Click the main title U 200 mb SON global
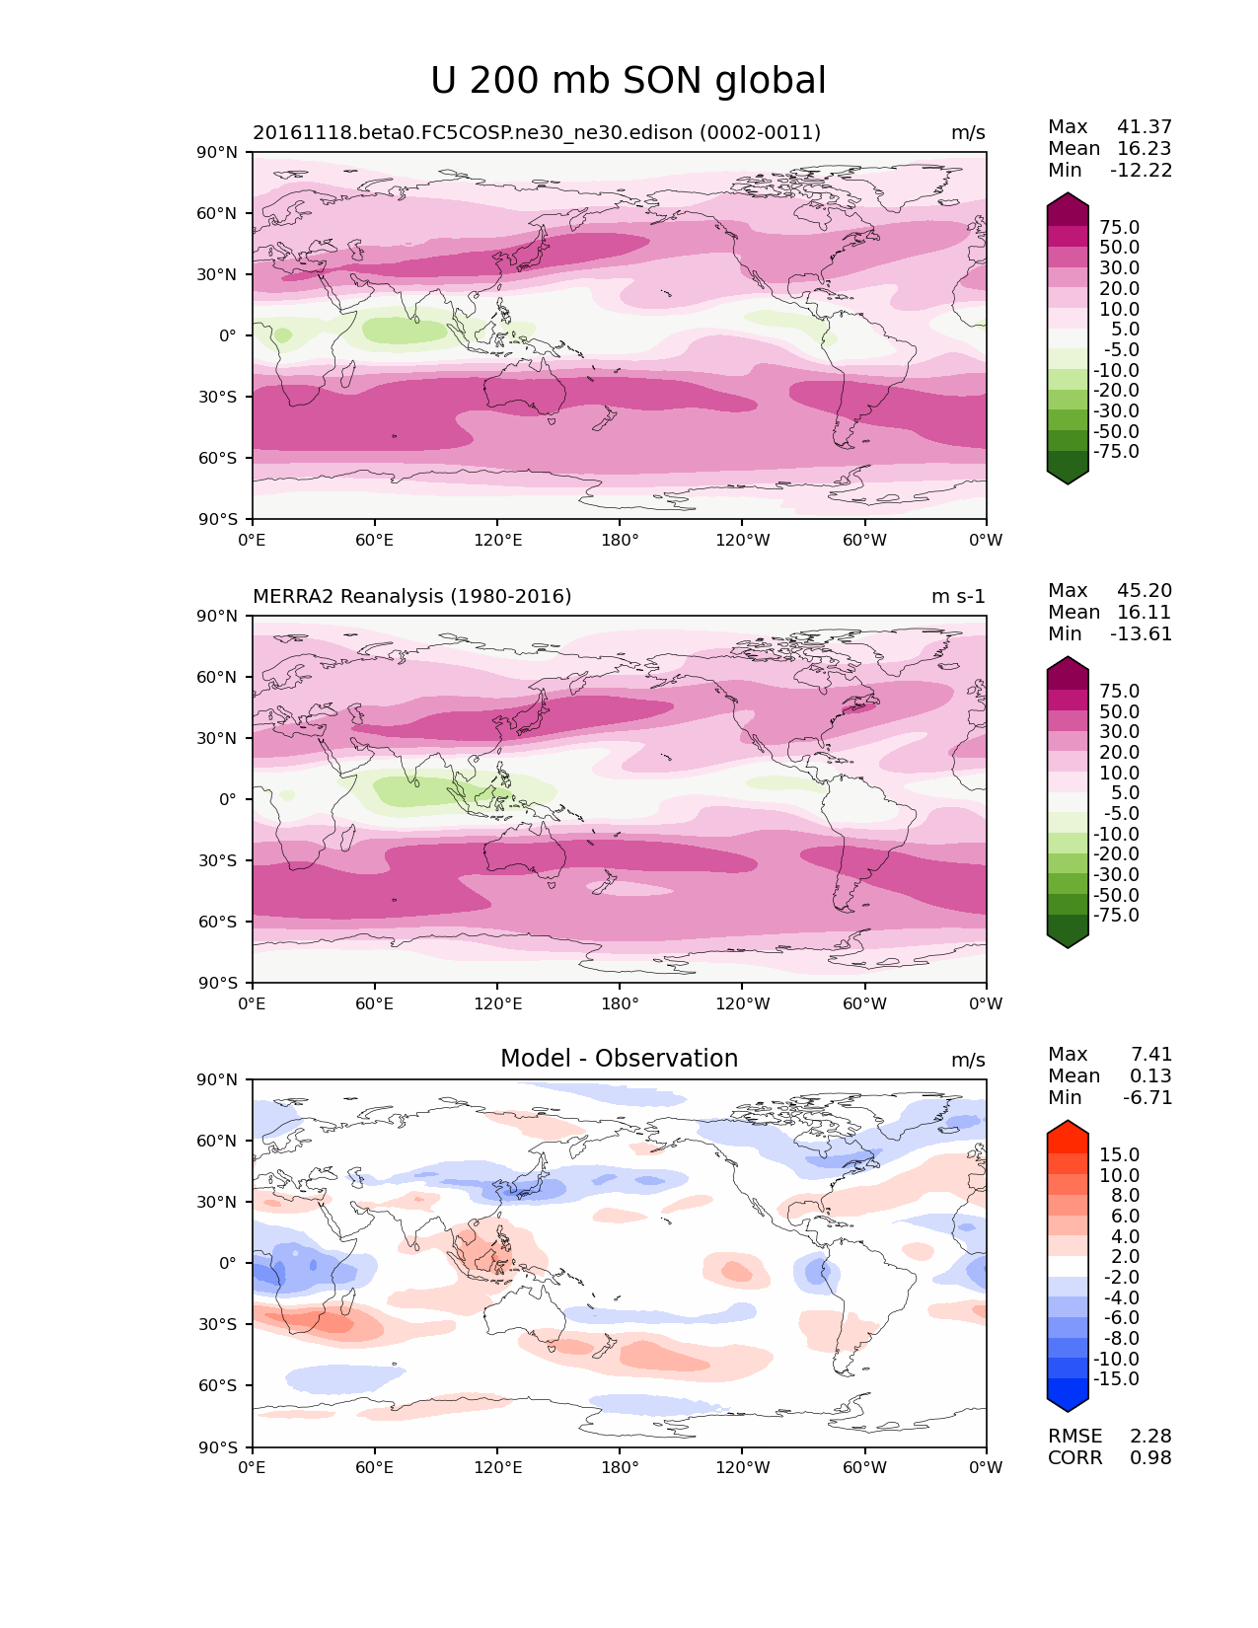(x=629, y=81)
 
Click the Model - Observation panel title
(x=619, y=1059)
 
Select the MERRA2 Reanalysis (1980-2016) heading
(x=412, y=597)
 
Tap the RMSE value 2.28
(x=1150, y=1437)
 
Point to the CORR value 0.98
(x=1150, y=1458)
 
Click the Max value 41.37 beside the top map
(x=1145, y=127)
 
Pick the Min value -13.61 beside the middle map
(x=1142, y=634)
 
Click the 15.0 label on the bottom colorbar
(x=1119, y=1155)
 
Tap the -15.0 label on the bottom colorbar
(x=1116, y=1379)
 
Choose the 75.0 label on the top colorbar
(x=1119, y=228)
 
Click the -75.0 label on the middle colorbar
(x=1116, y=916)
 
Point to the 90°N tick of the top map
(x=218, y=153)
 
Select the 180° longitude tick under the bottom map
(x=620, y=1468)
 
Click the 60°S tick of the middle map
(x=218, y=922)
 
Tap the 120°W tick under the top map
(x=742, y=541)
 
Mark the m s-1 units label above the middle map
(x=958, y=597)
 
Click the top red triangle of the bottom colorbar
(x=1068, y=1130)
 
